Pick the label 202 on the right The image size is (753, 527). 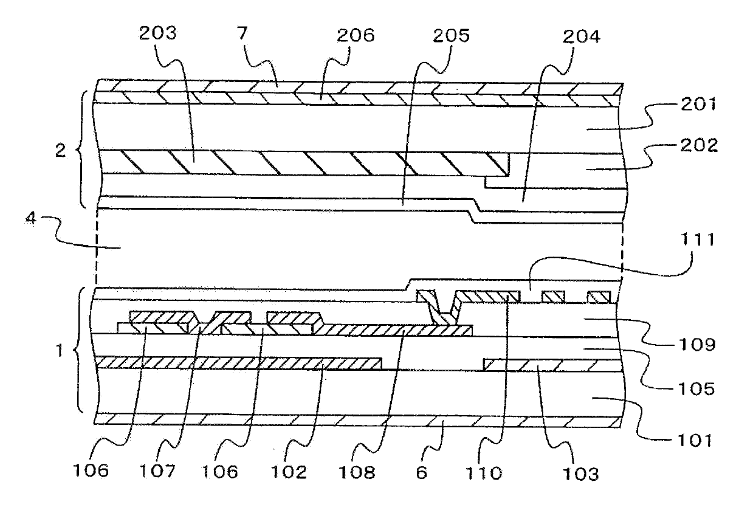688,146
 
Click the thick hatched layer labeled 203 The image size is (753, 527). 304,163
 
